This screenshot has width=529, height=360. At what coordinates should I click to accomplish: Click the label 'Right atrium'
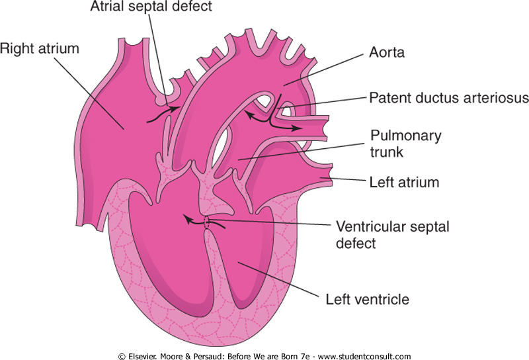click(x=40, y=48)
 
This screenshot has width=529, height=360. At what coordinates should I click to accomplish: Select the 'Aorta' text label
click(x=386, y=52)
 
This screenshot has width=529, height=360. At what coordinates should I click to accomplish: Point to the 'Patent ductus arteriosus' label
click(x=448, y=98)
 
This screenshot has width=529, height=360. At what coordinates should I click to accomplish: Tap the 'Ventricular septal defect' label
click(x=393, y=234)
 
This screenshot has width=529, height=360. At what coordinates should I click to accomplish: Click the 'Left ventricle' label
click(x=368, y=299)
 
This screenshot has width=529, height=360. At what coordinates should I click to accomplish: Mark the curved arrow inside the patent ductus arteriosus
click(x=268, y=119)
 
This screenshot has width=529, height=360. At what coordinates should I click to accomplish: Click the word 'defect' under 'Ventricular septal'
click(x=356, y=243)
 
